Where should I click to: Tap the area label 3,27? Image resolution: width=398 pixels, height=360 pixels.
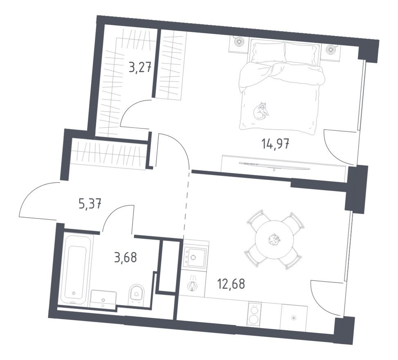[x=141, y=67]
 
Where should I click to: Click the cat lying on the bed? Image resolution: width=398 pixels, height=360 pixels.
[x=261, y=110]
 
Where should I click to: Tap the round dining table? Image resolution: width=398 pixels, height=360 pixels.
[x=274, y=240]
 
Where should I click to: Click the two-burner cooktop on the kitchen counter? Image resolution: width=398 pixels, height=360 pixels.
[x=254, y=315]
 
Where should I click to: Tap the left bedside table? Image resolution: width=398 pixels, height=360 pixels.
[x=238, y=43]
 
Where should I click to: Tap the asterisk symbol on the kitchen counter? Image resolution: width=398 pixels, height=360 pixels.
[x=293, y=318]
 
